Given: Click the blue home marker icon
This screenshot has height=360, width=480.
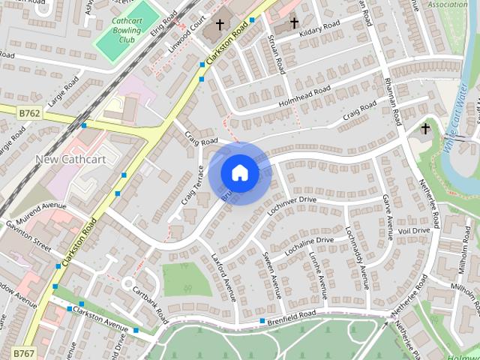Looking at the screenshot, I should tap(239, 172).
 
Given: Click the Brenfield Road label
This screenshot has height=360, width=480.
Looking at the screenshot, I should tap(295, 317).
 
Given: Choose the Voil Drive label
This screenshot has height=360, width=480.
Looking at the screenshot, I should tap(415, 230).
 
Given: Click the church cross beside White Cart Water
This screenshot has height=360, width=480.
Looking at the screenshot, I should tap(425, 129).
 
